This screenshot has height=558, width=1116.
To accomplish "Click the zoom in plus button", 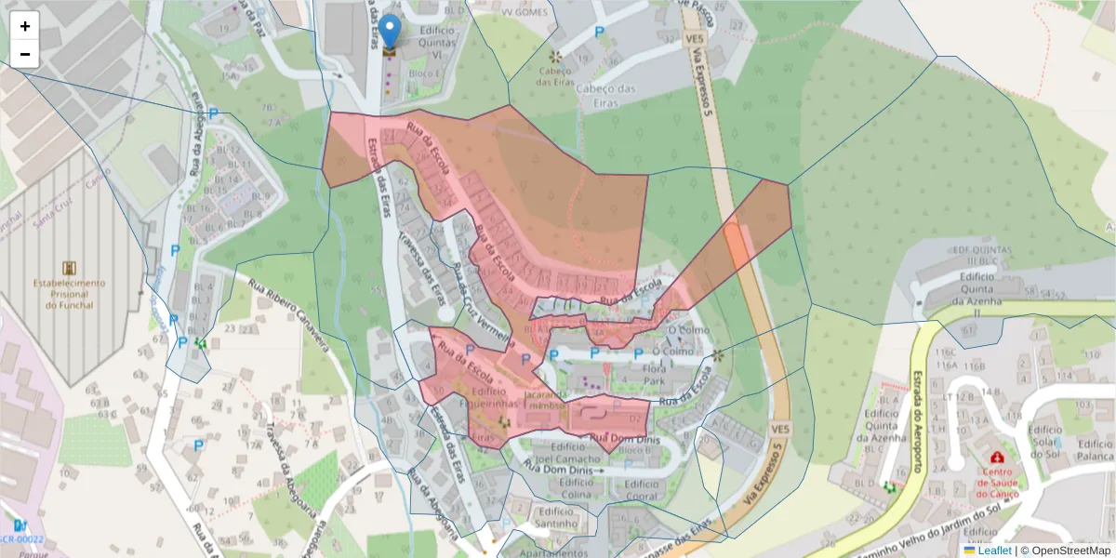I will point(25,26).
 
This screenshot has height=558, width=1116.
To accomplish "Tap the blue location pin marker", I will point(392,31).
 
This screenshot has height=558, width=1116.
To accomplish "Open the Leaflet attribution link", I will point(994,551).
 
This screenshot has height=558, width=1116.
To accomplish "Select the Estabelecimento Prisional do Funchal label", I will point(69,294).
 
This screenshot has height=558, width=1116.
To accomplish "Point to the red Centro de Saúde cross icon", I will point(998,458).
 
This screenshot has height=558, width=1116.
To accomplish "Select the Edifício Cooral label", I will point(642,489).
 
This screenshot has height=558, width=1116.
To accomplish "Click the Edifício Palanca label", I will point(1095,450).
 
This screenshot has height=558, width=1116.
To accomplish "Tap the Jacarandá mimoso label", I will point(546,401).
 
